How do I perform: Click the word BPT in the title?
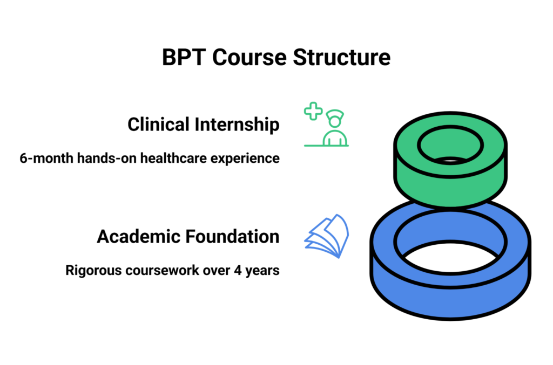(184, 58)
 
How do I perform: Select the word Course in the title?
(247, 58)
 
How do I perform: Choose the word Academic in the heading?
(138, 236)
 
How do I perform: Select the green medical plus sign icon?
(313, 112)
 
